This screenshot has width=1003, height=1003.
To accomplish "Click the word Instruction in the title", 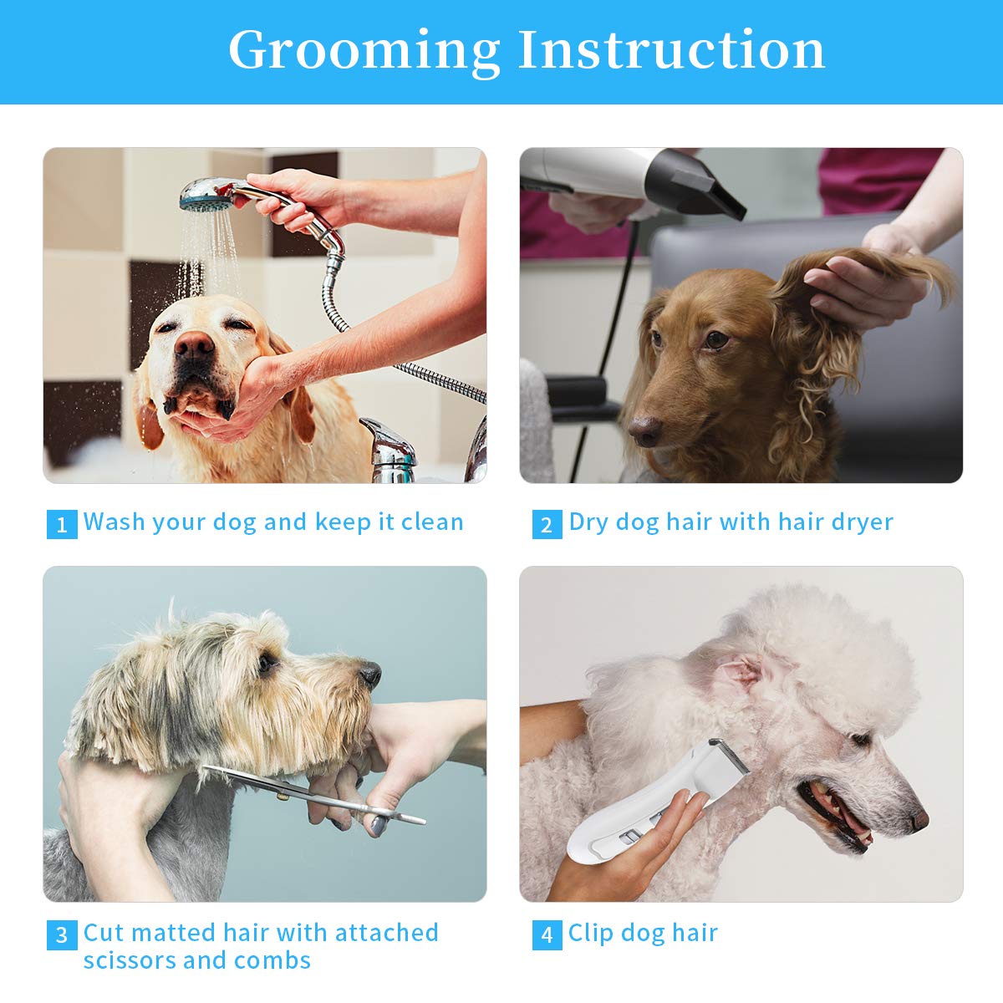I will (x=671, y=50).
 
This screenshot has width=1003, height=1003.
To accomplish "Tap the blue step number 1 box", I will (x=62, y=524).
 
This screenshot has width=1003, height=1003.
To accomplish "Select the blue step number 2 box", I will (x=547, y=524).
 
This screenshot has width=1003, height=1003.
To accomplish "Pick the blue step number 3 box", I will (x=62, y=934).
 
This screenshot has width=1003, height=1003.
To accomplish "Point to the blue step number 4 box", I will (x=547, y=934).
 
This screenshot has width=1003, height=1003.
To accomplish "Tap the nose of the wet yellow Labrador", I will (x=195, y=345).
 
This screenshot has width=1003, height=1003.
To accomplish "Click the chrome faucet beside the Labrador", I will (x=389, y=451).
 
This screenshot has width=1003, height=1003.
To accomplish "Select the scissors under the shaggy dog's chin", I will (x=318, y=794).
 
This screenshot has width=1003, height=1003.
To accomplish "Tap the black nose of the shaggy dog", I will (x=369, y=673).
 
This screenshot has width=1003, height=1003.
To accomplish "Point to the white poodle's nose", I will (x=919, y=820).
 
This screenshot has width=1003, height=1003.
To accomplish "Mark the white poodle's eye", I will (x=858, y=740).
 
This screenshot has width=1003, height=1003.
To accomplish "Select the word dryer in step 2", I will (x=862, y=522).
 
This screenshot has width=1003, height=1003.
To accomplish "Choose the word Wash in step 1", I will (x=114, y=522).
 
